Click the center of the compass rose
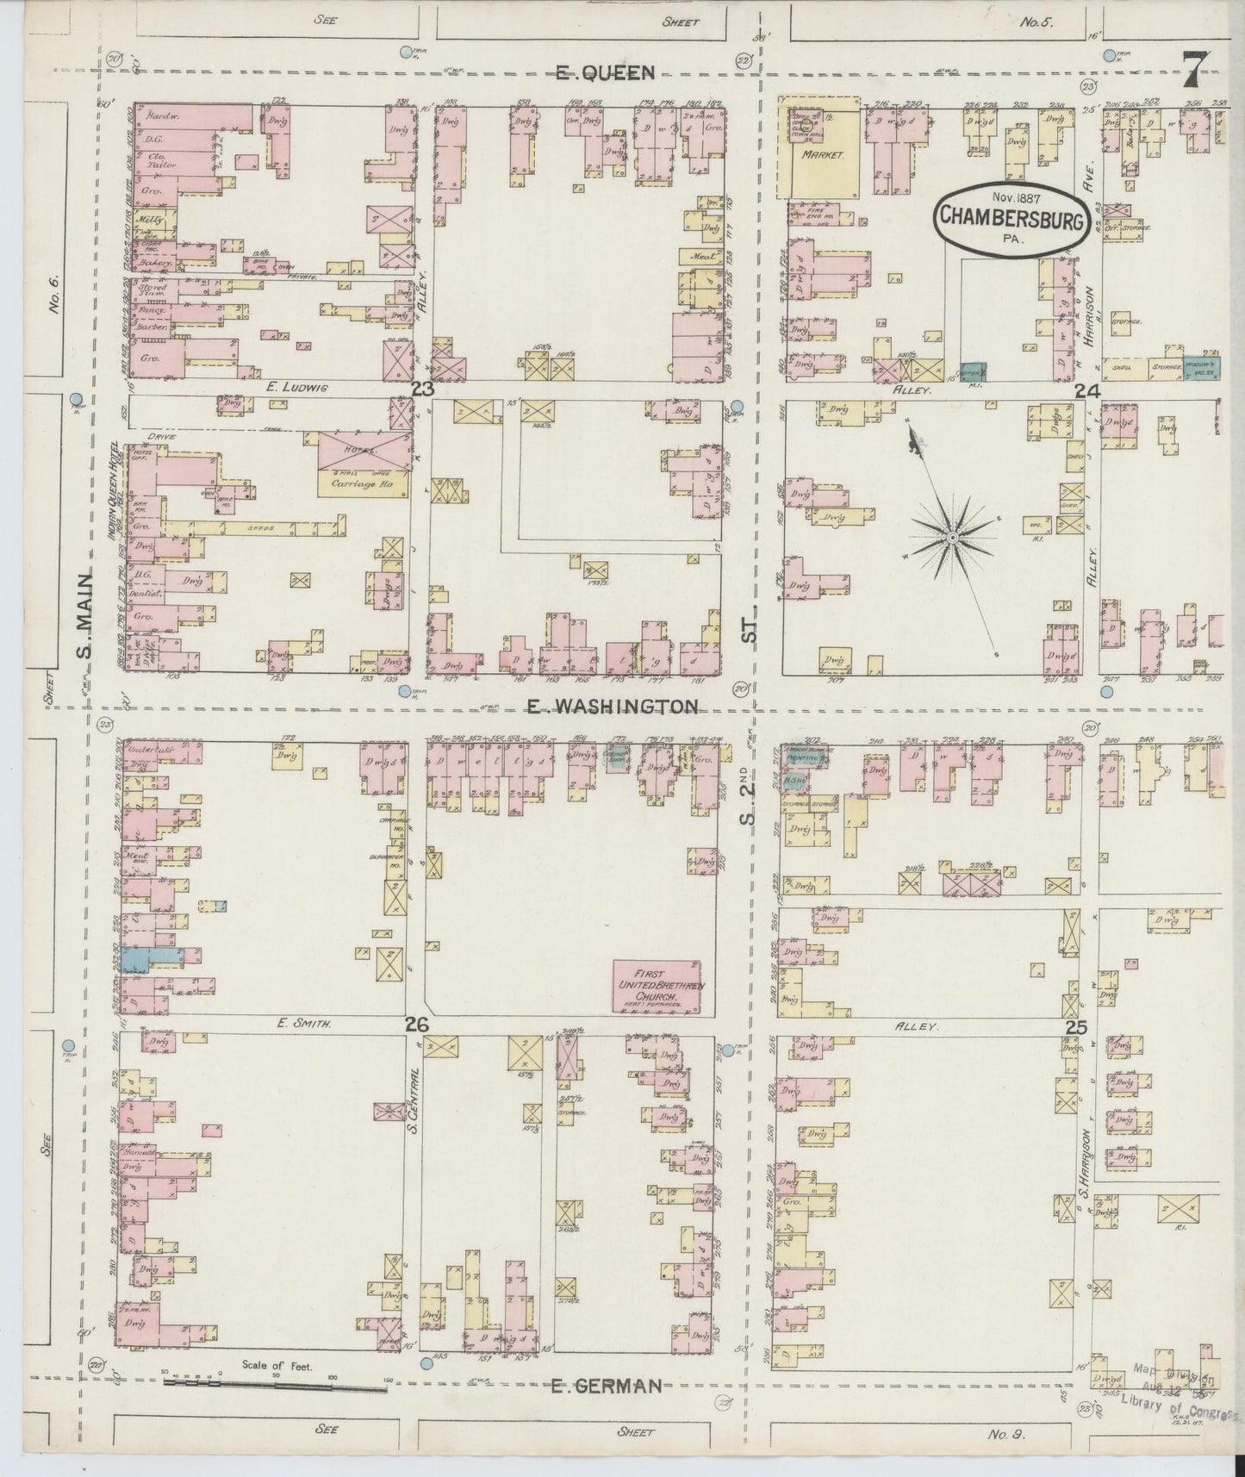(x=952, y=538)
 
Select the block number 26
(x=417, y=1025)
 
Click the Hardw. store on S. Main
(x=158, y=115)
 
